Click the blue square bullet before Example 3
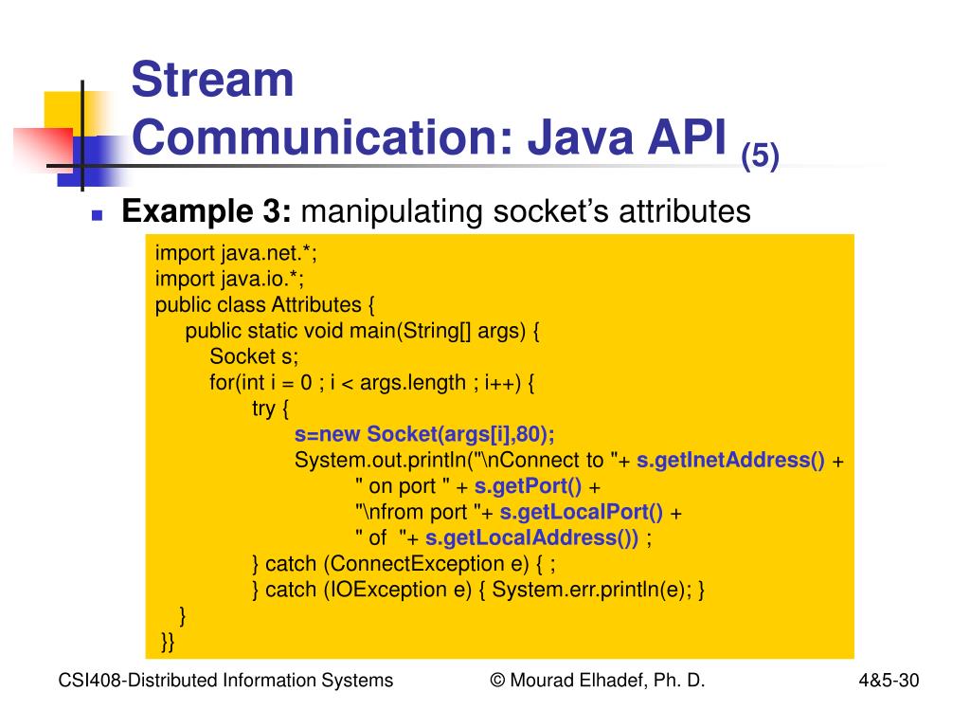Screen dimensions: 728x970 [97, 216]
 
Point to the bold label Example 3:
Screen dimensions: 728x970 [207, 212]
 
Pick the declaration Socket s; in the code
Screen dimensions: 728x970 [254, 356]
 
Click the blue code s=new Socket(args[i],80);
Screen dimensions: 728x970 [424, 434]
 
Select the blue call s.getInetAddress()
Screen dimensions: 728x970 [730, 461]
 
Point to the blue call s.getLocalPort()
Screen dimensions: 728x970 [582, 512]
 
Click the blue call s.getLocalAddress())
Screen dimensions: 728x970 [531, 537]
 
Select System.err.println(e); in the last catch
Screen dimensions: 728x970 [594, 590]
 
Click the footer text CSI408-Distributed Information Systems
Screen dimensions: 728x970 [225, 680]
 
